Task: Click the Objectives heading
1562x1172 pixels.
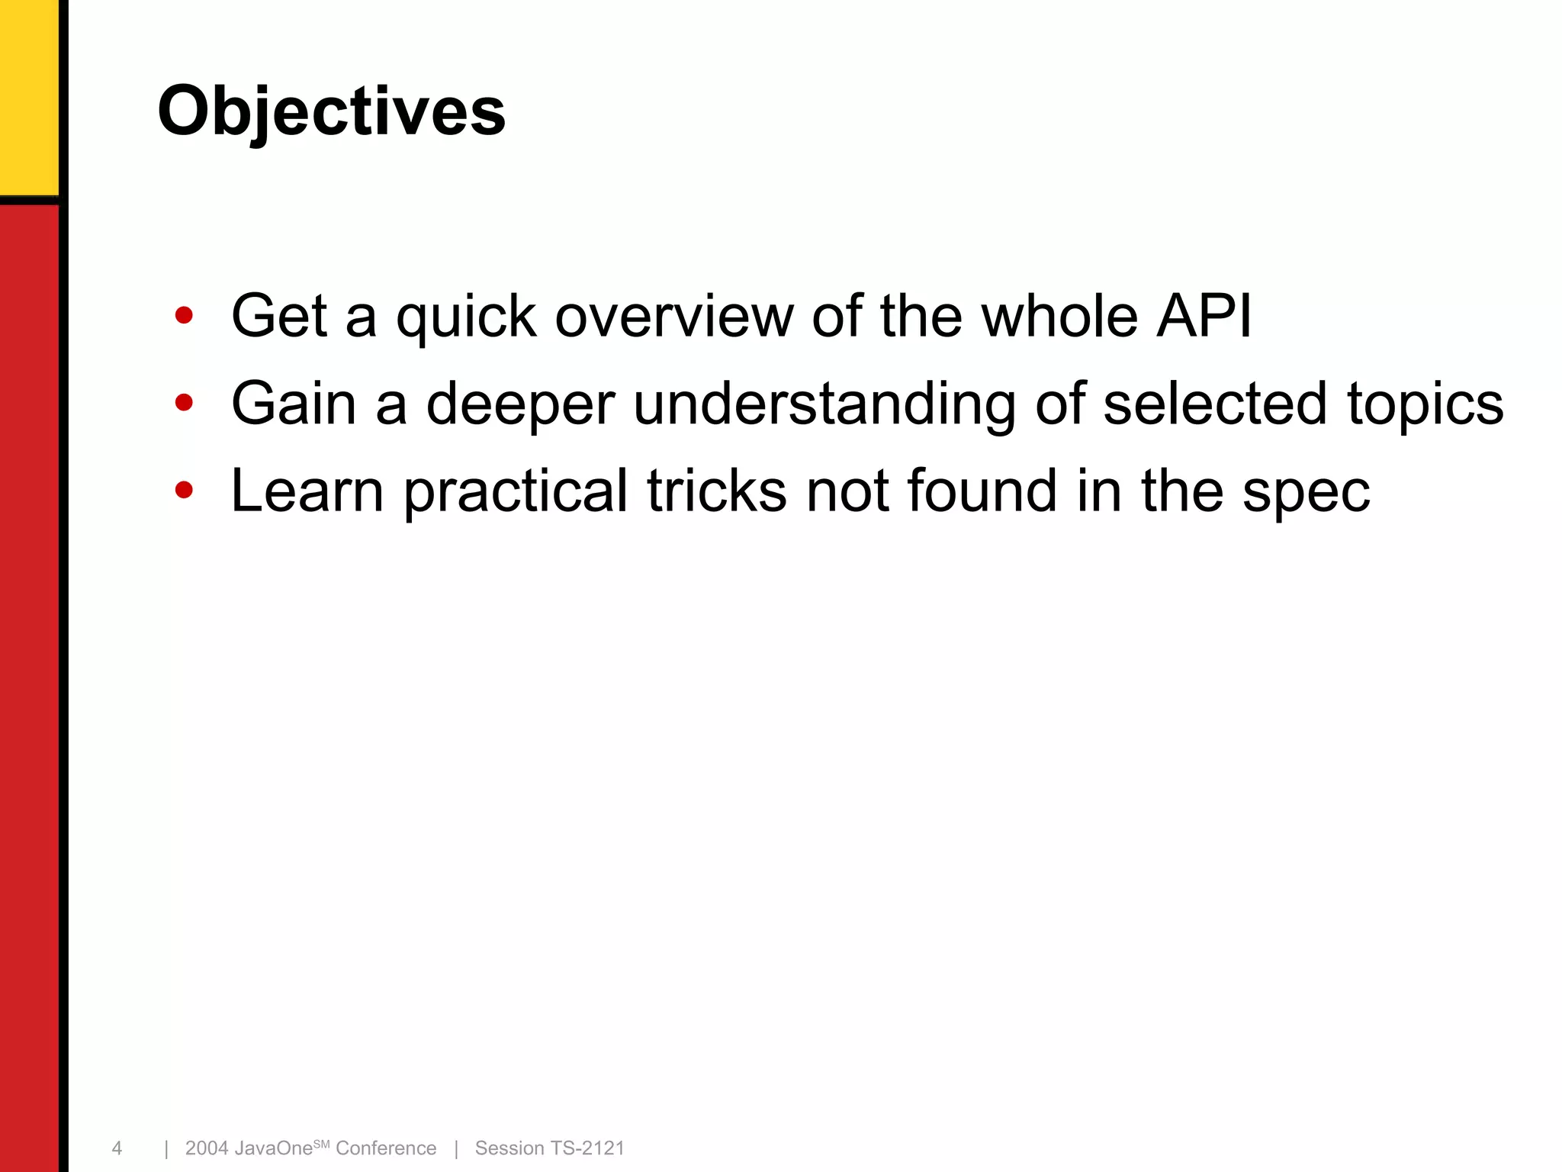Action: (x=331, y=111)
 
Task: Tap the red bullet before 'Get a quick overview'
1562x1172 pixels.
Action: (x=184, y=315)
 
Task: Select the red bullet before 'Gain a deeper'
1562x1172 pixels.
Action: (x=184, y=402)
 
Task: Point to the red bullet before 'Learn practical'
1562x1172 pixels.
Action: (x=184, y=489)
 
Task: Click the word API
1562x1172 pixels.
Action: (x=1204, y=315)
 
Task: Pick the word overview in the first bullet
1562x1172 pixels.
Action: (x=674, y=317)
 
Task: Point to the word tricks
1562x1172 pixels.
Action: (x=716, y=491)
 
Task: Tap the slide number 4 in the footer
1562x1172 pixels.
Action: (x=117, y=1148)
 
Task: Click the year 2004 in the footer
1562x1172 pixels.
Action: (x=207, y=1148)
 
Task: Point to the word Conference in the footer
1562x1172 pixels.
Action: (x=386, y=1148)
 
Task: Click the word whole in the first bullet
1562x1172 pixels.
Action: (x=1059, y=315)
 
